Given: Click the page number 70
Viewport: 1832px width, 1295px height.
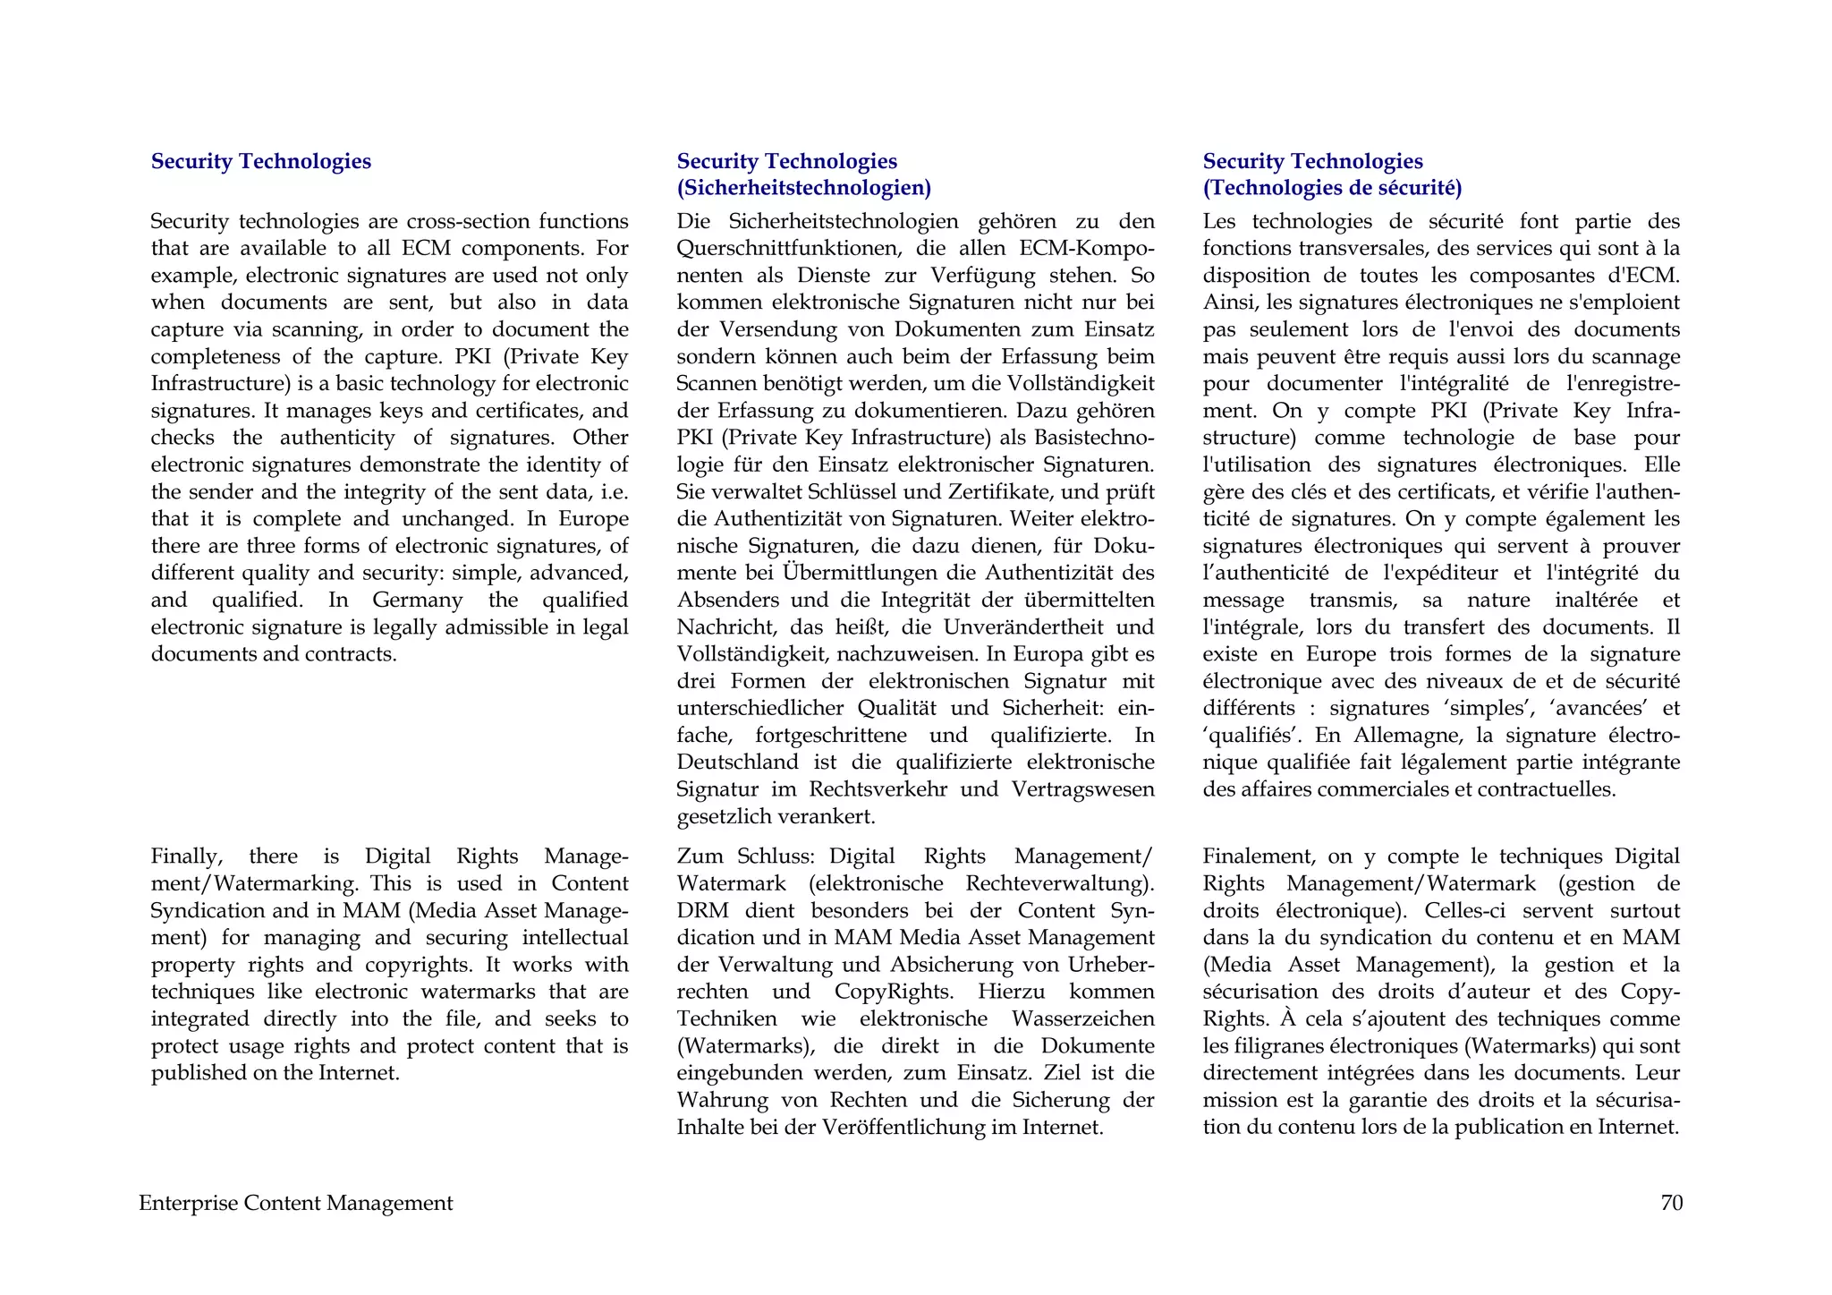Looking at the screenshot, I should click(1671, 1203).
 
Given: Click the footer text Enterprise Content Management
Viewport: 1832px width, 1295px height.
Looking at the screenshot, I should click(295, 1203).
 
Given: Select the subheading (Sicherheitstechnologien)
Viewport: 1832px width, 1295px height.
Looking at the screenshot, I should click(803, 188).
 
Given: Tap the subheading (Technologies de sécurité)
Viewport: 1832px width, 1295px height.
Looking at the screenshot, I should click(1332, 188).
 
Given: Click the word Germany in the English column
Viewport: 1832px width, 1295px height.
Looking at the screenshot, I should click(418, 600).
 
